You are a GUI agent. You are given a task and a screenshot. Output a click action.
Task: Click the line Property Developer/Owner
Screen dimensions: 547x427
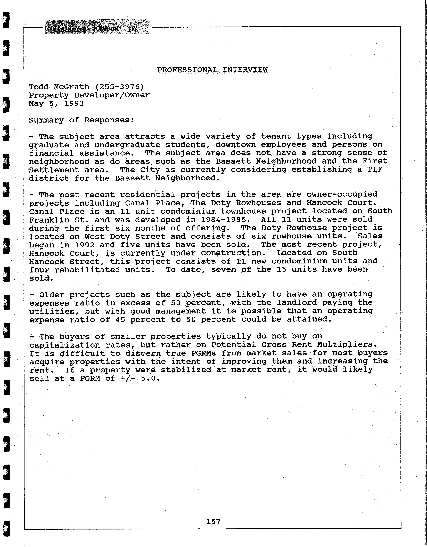[89, 95]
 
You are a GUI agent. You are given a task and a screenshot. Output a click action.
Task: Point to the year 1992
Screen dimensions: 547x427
[84, 245]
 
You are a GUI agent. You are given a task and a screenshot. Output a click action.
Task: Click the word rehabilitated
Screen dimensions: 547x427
[87, 270]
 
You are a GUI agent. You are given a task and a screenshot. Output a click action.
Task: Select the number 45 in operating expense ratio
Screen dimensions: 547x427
[120, 320]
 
